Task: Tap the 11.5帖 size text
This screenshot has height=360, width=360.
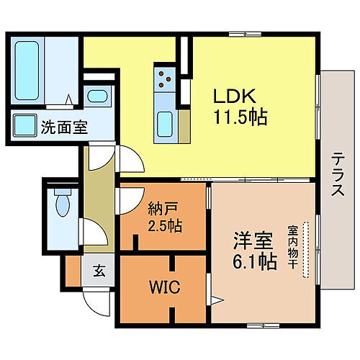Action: point(240,117)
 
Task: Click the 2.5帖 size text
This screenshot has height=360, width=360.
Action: point(165,226)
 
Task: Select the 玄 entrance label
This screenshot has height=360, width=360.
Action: point(96,274)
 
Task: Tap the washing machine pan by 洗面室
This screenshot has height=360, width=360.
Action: point(25,126)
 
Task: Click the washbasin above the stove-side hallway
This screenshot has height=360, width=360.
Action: point(96,96)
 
